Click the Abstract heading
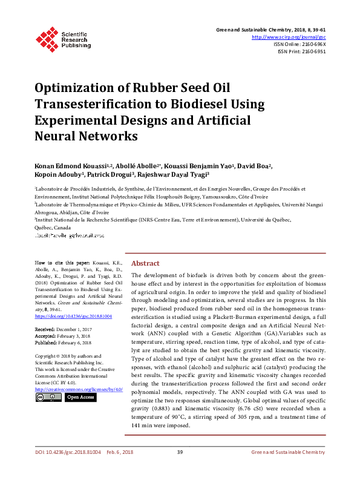[x=145, y=264]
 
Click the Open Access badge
[x=80, y=397]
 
